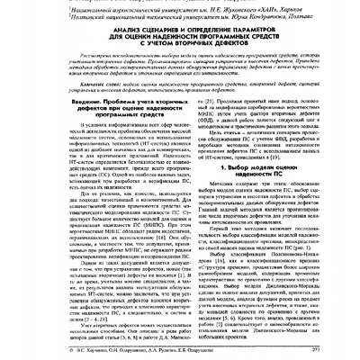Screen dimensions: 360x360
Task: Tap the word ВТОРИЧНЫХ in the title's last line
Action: (x=185, y=49)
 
